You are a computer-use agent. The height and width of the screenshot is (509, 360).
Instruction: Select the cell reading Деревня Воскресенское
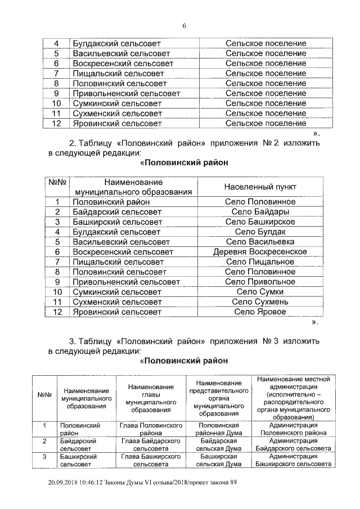(260, 251)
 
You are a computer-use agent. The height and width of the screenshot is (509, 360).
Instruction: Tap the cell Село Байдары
(260, 211)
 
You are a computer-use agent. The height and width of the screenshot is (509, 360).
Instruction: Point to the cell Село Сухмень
(260, 301)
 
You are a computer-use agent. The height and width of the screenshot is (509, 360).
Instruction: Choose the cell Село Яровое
(260, 312)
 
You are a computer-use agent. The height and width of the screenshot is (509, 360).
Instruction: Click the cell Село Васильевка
(260, 241)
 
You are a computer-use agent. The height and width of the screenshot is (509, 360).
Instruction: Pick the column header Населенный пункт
(260, 186)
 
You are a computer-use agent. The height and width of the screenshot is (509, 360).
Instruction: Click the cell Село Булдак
(260, 231)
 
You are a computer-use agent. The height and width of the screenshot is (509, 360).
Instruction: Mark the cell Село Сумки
(260, 291)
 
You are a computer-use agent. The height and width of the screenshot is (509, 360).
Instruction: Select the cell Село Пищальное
(260, 262)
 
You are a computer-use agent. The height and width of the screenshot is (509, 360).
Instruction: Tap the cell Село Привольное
(260, 281)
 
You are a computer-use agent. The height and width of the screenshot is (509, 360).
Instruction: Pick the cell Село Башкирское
(260, 221)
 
